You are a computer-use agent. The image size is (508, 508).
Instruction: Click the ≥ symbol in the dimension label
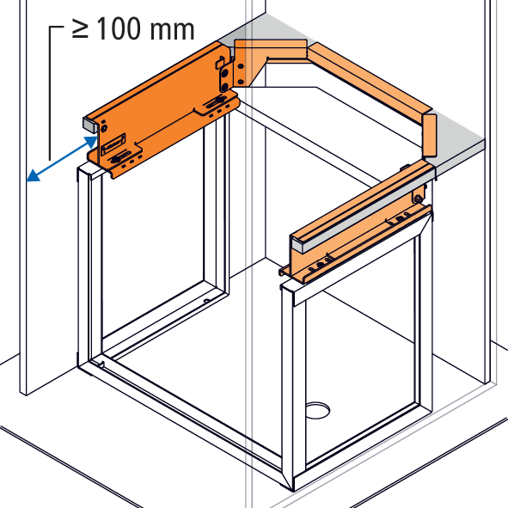(80, 29)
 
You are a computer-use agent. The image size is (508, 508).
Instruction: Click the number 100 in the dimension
(119, 28)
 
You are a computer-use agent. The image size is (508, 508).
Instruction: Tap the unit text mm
(173, 30)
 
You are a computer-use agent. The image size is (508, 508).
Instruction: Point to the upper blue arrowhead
(91, 142)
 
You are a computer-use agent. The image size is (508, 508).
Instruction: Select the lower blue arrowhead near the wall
(33, 175)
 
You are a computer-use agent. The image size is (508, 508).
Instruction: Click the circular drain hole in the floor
(318, 410)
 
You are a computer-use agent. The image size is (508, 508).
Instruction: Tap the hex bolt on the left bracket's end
(104, 128)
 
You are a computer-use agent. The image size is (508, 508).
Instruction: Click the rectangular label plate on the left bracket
(113, 144)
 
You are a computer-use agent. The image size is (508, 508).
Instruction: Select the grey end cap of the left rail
(89, 125)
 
